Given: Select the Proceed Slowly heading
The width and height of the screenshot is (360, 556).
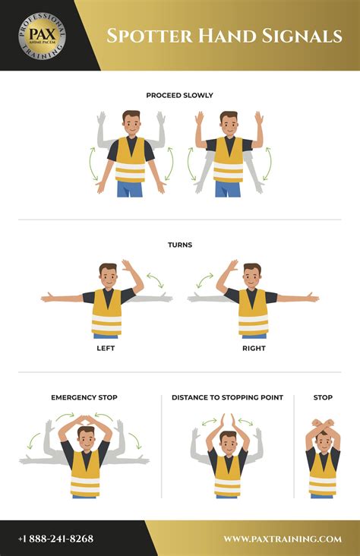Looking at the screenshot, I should tap(179, 96).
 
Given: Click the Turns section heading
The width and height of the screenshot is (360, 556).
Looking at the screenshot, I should tap(179, 245).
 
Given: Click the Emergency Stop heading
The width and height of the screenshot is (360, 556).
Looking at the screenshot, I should tap(84, 397).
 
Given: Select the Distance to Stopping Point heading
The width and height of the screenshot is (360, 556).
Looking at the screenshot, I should tap(227, 397).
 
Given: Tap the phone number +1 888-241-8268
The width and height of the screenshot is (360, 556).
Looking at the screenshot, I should tap(57, 539).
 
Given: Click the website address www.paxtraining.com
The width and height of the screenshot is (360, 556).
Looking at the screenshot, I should tap(282, 539).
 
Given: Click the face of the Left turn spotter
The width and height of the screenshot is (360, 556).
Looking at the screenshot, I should tap(108, 277).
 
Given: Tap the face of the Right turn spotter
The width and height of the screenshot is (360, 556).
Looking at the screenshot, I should tap(252, 277).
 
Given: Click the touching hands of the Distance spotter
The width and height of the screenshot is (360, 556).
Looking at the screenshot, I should tap(228, 420).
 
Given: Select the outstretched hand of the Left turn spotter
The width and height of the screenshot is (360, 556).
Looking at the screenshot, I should tap(47, 298).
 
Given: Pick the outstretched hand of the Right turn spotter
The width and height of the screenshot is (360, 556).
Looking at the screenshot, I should tap(312, 298).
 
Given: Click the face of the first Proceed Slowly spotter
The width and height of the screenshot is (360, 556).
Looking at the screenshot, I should tap(131, 124).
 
